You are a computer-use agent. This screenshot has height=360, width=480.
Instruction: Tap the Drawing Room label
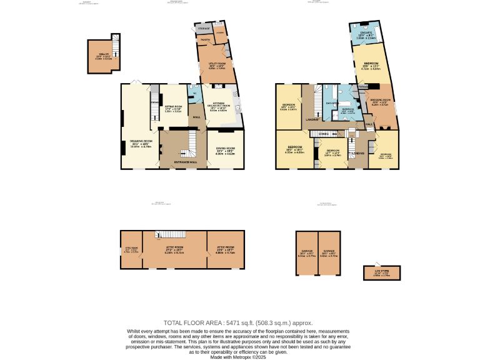(x=141, y=143)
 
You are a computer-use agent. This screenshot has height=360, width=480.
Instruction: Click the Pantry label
(x=203, y=41)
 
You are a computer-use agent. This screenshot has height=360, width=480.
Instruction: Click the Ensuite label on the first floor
(x=366, y=34)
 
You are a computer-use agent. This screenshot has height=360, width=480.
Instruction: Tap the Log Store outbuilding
(x=381, y=273)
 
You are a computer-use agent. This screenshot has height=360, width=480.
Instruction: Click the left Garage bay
(x=306, y=253)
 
